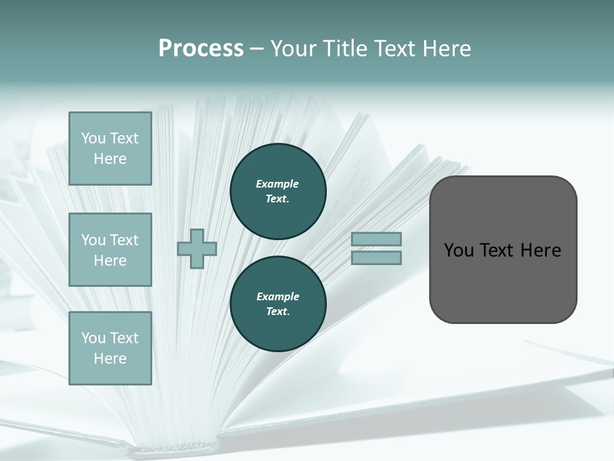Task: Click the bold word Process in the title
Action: point(201,49)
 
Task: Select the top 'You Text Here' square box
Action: point(110,149)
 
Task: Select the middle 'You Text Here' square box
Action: point(110,250)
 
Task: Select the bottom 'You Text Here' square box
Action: point(110,348)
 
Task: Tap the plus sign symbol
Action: point(197,248)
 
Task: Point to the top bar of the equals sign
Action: point(377,239)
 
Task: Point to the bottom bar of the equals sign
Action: point(377,258)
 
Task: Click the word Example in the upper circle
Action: point(278,184)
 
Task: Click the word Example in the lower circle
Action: point(278,296)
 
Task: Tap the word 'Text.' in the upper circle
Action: point(278,199)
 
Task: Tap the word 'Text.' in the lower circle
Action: point(278,312)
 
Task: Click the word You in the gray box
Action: point(459,250)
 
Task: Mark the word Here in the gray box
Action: point(540,250)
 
